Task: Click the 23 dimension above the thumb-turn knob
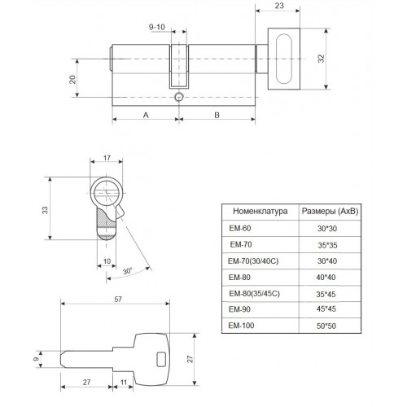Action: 278,7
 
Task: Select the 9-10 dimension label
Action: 160,26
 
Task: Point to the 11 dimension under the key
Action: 124,380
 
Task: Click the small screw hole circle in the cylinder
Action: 177,98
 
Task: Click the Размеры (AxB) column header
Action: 330,209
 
